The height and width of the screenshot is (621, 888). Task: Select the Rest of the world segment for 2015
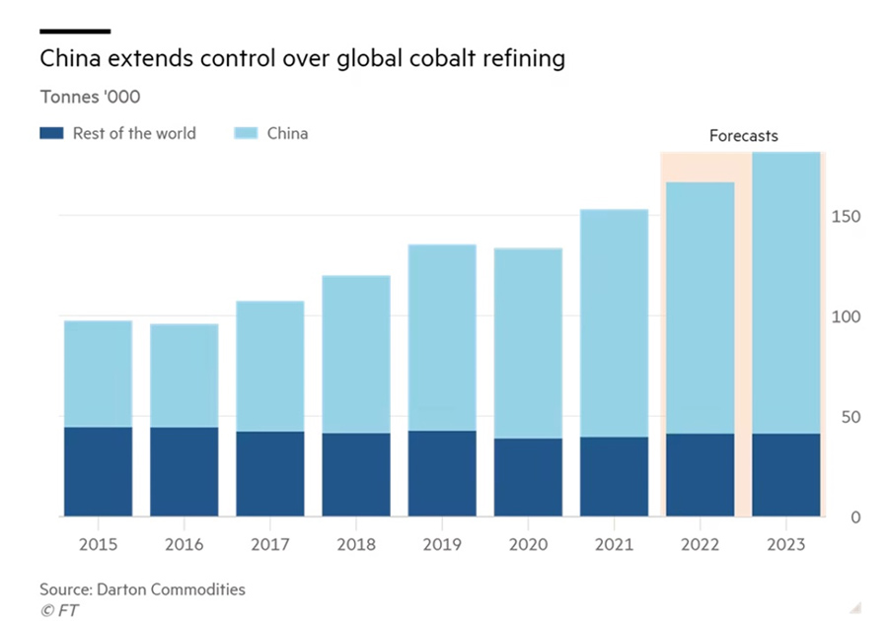point(98,471)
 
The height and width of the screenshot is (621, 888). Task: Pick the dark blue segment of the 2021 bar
point(614,476)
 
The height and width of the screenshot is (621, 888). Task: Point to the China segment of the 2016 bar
point(184,376)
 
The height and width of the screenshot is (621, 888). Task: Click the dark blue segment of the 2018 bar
point(356,474)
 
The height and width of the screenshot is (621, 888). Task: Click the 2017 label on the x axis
point(269,544)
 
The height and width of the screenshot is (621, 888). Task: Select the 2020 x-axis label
point(528,544)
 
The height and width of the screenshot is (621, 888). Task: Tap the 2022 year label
point(700,544)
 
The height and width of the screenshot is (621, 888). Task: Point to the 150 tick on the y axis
point(848,217)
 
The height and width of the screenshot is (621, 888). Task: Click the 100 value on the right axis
point(848,317)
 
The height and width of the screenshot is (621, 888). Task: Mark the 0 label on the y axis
point(855,517)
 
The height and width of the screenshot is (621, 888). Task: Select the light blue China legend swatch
point(247,133)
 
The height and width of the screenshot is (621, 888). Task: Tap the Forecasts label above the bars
point(743,136)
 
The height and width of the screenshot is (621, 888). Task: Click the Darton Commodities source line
point(142,589)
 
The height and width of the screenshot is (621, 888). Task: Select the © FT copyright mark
point(59,610)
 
